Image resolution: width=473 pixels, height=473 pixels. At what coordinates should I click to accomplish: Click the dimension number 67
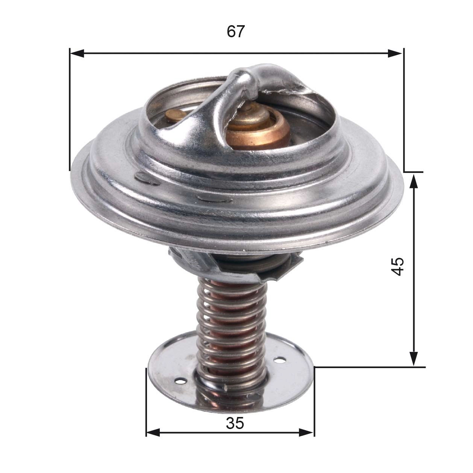tap(236, 32)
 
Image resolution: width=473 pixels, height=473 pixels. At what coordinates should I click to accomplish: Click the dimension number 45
tap(397, 266)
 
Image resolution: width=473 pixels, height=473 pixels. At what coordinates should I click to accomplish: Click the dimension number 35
tap(235, 424)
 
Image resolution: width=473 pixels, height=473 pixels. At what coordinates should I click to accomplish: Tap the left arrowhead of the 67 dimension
tap(77, 53)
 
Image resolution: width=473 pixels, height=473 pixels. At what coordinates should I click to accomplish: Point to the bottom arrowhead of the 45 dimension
tap(413, 358)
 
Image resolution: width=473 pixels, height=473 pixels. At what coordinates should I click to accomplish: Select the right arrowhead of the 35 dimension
tap(306, 433)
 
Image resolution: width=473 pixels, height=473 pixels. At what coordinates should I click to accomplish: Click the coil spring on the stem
tap(231, 323)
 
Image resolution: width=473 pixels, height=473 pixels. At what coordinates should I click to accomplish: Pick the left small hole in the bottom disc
tap(182, 381)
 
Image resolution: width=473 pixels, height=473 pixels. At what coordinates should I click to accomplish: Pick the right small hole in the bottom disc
tap(279, 361)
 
